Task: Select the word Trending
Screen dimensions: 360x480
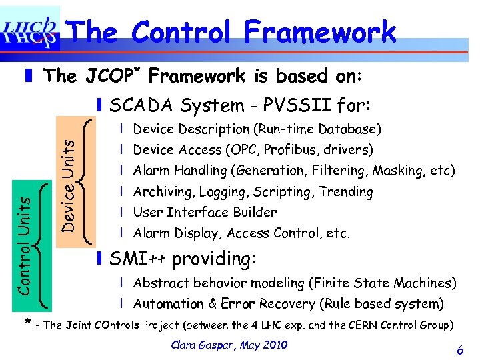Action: (346, 192)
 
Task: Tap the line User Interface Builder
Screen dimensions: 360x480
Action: (205, 213)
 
